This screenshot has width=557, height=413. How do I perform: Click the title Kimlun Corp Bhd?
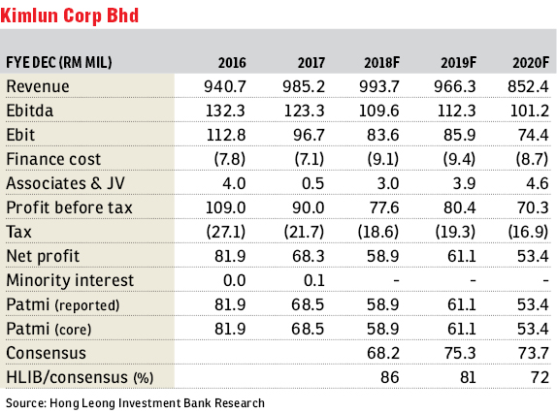(x=70, y=16)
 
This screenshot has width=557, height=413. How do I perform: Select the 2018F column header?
(x=382, y=63)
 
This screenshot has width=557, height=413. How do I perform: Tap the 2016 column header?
(x=232, y=63)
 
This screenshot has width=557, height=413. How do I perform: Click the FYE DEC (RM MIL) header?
(x=59, y=62)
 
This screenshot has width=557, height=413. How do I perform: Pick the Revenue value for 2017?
(x=304, y=86)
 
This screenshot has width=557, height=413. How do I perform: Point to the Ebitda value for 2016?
(x=225, y=111)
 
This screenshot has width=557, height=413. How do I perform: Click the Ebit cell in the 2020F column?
(x=533, y=135)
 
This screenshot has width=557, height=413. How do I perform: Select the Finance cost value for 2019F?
(x=459, y=159)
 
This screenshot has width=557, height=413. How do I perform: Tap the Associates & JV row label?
(x=66, y=183)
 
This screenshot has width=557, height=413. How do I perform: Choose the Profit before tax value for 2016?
(x=225, y=207)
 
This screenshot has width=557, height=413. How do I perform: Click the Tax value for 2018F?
(x=378, y=232)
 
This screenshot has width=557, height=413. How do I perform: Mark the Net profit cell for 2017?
(x=309, y=256)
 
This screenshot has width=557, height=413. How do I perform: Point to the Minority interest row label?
(x=70, y=280)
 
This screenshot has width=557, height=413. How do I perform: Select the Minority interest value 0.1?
(x=314, y=280)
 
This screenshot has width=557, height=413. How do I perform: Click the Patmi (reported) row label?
(x=63, y=304)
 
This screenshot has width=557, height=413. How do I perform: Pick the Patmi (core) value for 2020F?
(x=533, y=329)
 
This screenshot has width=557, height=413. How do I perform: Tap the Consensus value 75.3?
(x=460, y=353)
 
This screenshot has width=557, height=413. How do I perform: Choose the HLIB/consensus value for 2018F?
(x=390, y=377)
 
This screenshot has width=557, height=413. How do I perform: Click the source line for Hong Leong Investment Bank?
(x=135, y=403)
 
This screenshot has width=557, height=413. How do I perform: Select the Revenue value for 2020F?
(x=528, y=86)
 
